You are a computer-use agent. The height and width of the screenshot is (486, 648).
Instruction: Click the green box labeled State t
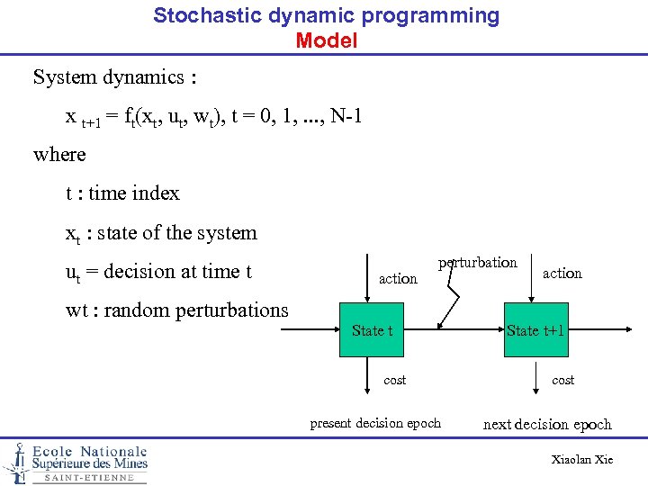click(373, 330)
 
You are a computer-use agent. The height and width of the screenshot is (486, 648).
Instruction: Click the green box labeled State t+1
click(535, 330)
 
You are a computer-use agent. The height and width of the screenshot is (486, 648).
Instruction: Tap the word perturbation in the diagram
click(478, 263)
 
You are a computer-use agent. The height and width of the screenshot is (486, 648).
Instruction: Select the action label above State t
click(398, 279)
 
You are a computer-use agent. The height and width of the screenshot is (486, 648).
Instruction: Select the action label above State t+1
click(562, 273)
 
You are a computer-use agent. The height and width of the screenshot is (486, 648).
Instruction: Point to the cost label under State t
click(395, 381)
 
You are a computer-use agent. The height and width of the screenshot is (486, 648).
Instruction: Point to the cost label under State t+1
click(562, 381)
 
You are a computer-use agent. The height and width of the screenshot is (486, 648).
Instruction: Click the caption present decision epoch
click(375, 423)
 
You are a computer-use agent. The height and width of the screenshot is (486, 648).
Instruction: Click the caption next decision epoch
click(547, 425)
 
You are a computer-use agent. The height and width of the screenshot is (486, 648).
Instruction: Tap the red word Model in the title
click(326, 40)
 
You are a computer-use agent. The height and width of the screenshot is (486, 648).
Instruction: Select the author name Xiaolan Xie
click(581, 460)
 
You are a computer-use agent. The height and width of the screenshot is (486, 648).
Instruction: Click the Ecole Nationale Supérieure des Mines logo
click(76, 463)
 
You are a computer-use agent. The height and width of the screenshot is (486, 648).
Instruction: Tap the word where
click(59, 155)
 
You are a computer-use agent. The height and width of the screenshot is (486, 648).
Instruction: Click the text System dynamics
click(114, 77)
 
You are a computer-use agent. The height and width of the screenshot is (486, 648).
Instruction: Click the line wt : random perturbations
click(177, 310)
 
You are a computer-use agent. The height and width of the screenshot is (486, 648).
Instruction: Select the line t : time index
click(122, 193)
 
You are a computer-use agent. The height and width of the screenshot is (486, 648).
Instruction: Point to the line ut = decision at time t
click(158, 272)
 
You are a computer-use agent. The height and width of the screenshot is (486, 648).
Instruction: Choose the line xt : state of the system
click(161, 233)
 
